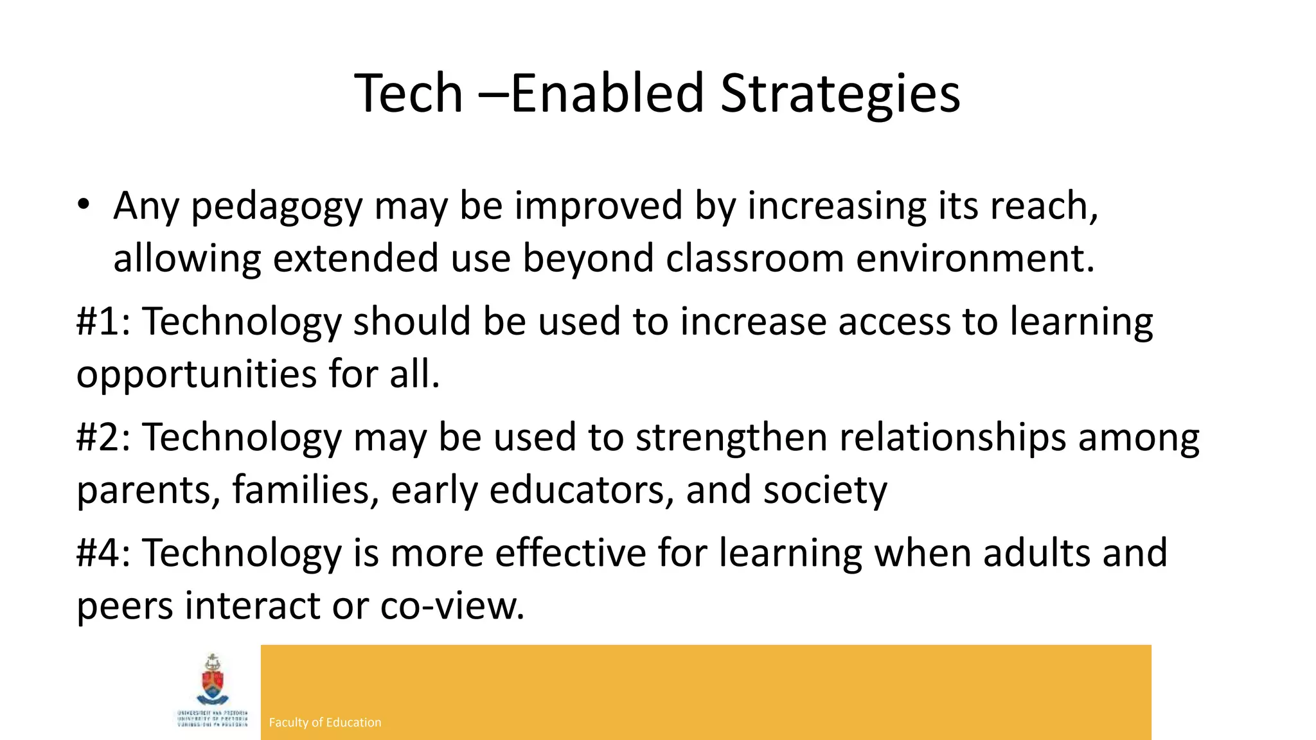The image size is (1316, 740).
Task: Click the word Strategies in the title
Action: pos(840,94)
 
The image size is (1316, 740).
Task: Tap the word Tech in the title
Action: pos(409,94)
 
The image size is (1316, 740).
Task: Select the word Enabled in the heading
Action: pos(607,94)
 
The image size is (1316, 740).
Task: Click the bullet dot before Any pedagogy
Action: pos(83,205)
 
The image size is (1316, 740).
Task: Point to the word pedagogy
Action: pos(277,207)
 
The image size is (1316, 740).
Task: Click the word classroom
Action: pos(754,258)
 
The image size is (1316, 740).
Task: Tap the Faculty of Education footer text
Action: pos(325,723)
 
